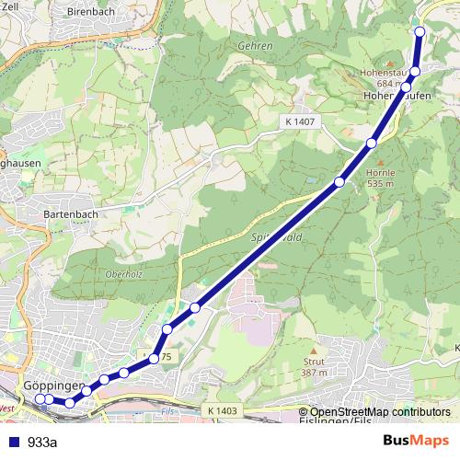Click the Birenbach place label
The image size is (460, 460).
87,12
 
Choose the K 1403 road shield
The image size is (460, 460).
223,411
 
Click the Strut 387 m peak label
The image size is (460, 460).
314,367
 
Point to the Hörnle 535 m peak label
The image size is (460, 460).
380,178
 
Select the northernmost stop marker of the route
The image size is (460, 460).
420,31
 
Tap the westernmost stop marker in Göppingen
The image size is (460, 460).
40,399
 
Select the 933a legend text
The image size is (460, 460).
43,443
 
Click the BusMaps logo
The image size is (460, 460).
415,442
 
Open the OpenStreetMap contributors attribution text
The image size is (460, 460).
380,411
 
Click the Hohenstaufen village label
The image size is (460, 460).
397,95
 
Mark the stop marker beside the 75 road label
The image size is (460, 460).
155,358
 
